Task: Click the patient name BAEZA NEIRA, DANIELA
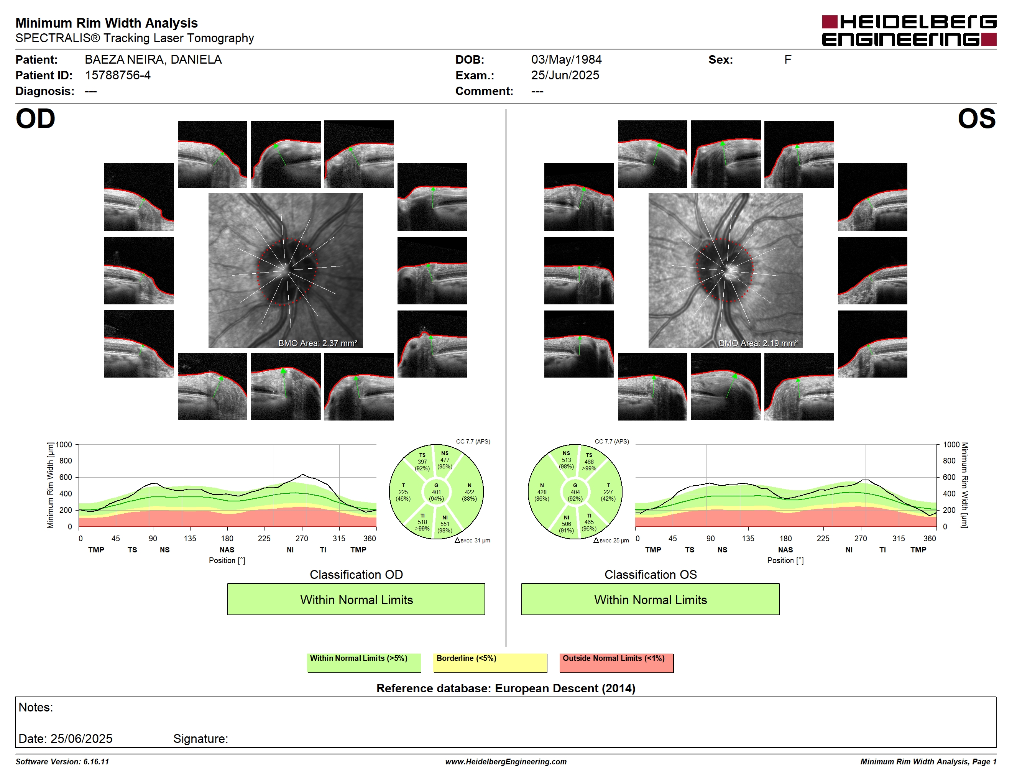[153, 60]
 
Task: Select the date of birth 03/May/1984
[566, 60]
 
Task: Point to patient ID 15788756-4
[118, 75]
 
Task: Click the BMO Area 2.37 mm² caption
[318, 343]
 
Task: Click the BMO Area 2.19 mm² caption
[758, 343]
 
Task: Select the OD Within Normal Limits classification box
[356, 599]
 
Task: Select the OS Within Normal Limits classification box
[650, 599]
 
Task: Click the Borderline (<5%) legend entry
[490, 662]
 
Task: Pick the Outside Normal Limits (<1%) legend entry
[616, 662]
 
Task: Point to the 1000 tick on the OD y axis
[64, 445]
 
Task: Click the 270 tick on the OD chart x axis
[302, 538]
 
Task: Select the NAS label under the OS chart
[785, 550]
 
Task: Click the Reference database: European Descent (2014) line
[506, 688]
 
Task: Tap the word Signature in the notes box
[200, 739]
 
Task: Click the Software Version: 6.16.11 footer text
[62, 762]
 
